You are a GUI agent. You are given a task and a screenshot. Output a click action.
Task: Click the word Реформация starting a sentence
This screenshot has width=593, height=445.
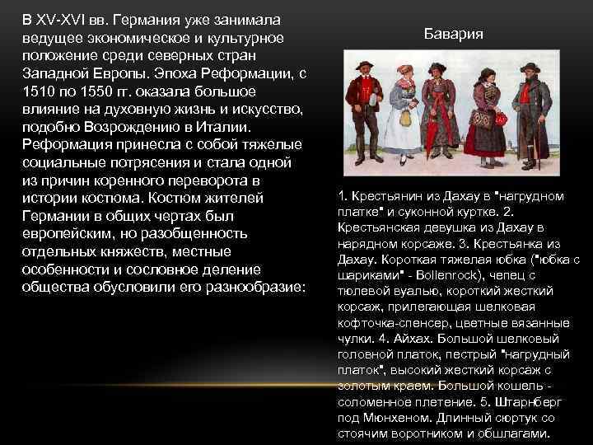point(68,146)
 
